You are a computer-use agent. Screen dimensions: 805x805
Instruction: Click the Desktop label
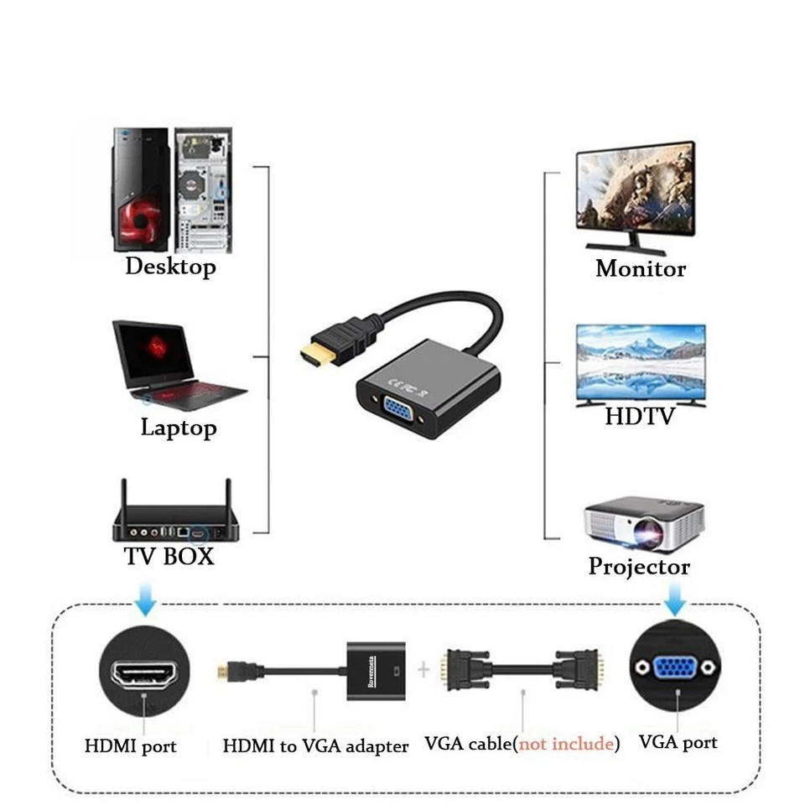click(170, 267)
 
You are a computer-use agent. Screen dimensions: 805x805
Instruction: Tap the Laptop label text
click(179, 428)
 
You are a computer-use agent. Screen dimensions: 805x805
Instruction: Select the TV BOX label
click(169, 556)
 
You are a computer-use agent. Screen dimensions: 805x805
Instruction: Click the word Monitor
click(641, 269)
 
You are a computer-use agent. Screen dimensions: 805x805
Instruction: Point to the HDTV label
click(640, 416)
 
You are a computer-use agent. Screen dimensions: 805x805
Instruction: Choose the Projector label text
click(639, 567)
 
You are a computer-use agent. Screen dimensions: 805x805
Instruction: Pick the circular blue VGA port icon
click(676, 667)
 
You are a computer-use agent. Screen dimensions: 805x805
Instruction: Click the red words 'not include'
click(565, 744)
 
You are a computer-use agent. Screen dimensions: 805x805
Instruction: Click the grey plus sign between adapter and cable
click(423, 668)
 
